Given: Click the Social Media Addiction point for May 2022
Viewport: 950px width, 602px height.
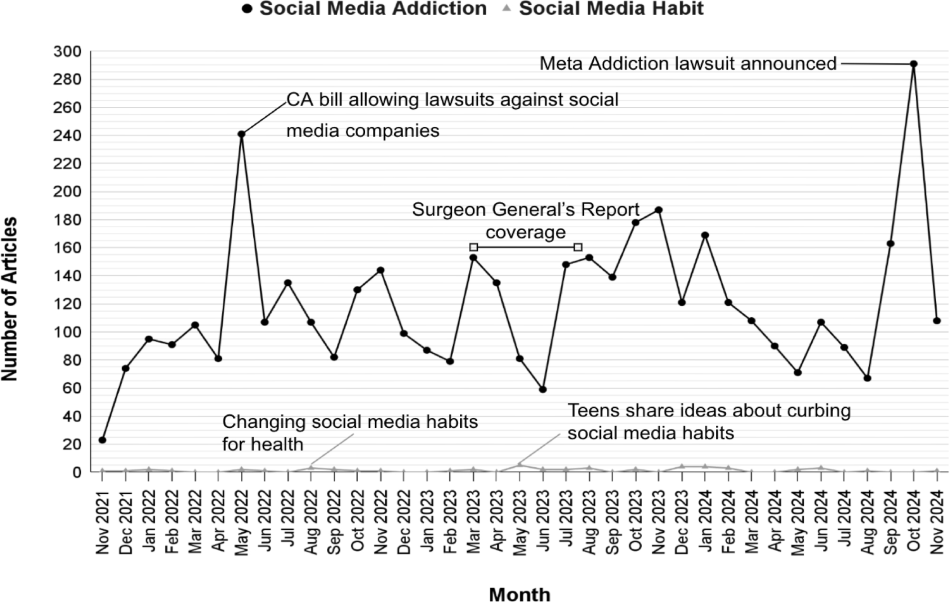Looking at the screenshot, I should [241, 134].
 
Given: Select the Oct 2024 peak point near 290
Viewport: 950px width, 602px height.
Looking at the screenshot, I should [913, 64].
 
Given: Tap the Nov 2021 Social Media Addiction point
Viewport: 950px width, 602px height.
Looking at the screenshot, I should [102, 440].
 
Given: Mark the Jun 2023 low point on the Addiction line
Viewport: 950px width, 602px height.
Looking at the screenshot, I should [543, 389].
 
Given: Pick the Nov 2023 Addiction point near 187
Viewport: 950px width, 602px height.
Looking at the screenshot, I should [658, 210].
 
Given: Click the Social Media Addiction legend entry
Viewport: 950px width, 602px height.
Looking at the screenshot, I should [364, 9].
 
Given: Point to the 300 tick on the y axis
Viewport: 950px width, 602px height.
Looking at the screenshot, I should [67, 51].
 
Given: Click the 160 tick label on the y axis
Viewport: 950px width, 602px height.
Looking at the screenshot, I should [67, 248].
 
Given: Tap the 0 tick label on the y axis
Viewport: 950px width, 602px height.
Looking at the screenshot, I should [76, 472].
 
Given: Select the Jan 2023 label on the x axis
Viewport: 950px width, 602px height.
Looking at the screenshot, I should [427, 522].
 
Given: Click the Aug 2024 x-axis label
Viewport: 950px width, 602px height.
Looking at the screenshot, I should [867, 522].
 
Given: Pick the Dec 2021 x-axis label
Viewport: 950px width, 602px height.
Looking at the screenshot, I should [125, 522].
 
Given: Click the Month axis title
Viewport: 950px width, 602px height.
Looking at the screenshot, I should [520, 594].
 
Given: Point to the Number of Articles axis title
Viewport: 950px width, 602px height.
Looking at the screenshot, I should [9, 299].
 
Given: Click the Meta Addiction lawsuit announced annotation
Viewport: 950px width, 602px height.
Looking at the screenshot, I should [688, 64].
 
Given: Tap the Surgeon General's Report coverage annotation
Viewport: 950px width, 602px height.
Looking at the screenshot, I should [525, 221].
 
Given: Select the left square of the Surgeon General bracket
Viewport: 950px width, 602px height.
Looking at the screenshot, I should [474, 247].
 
